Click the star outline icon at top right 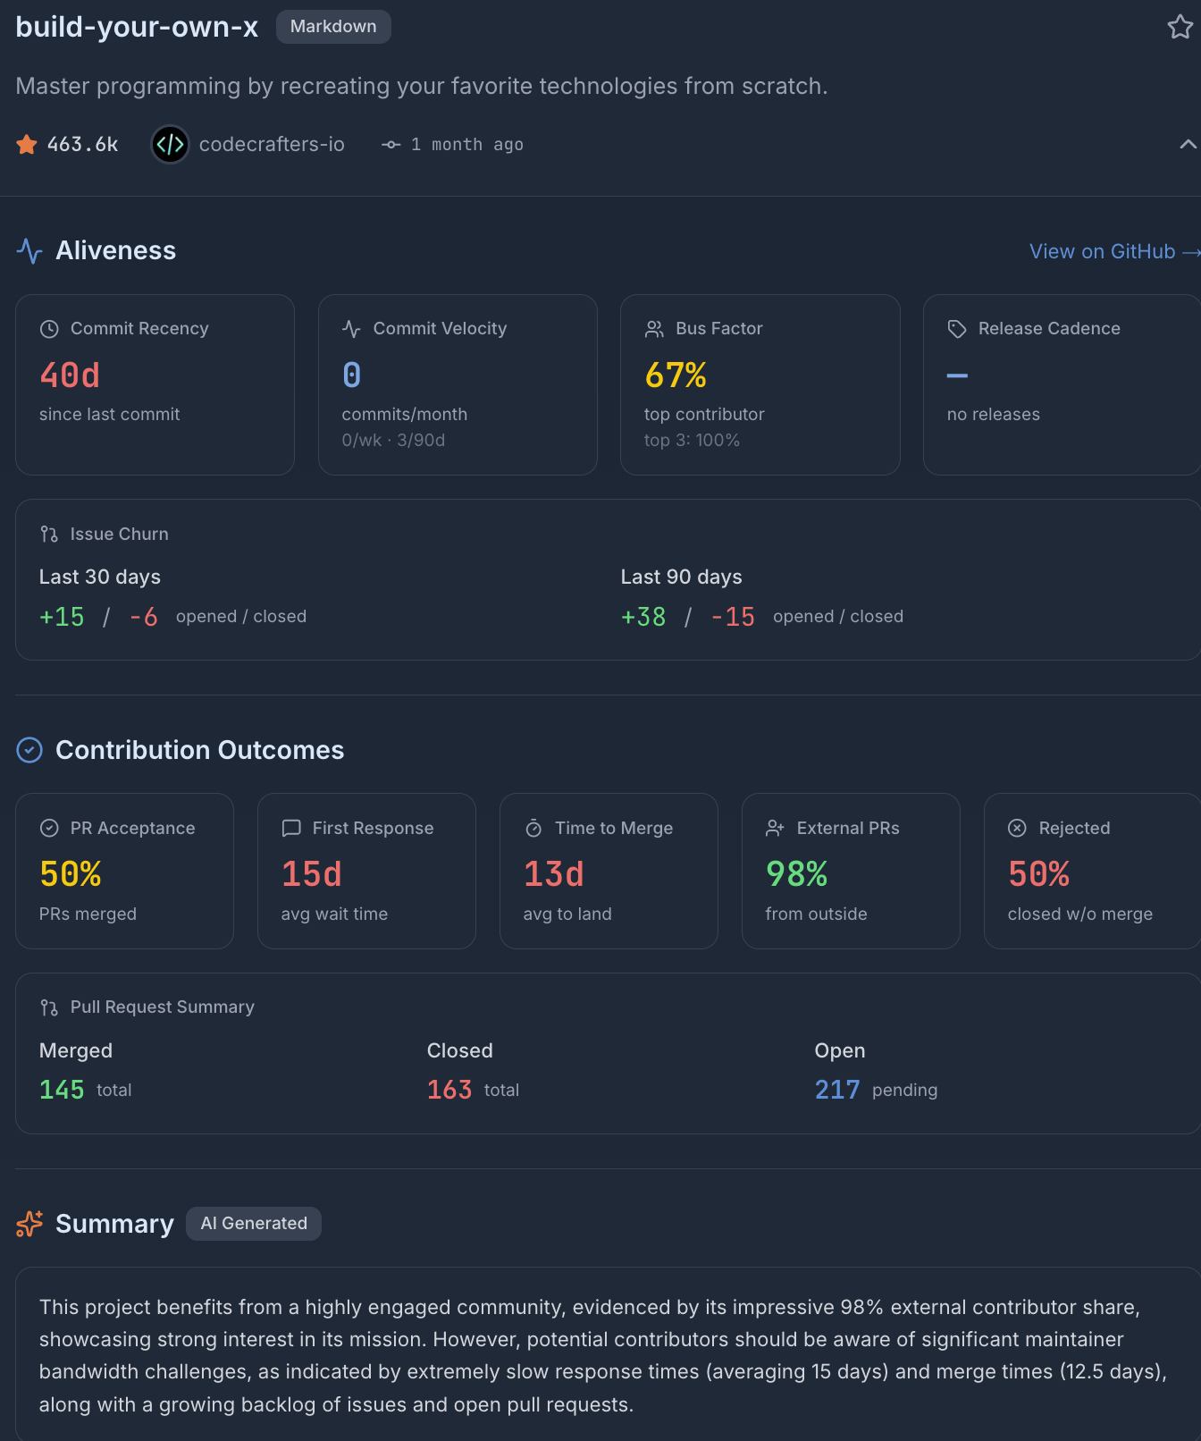click(x=1180, y=27)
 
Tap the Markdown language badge click(x=333, y=27)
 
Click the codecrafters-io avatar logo click(x=170, y=144)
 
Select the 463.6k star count click(x=82, y=144)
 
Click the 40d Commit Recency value click(x=70, y=375)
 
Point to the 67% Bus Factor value click(x=676, y=375)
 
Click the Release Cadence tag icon click(x=957, y=329)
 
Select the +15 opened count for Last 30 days click(x=62, y=617)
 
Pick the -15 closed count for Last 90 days click(x=733, y=617)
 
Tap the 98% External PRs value click(x=796, y=874)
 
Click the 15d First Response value click(x=312, y=874)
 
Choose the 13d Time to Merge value click(x=554, y=874)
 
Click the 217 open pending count click(x=837, y=1090)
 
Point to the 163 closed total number click(x=449, y=1090)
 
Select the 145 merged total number click(x=62, y=1090)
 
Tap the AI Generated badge click(x=254, y=1223)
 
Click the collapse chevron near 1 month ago click(x=1188, y=144)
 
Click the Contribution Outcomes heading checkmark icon click(x=29, y=750)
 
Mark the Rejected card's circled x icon click(x=1017, y=828)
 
